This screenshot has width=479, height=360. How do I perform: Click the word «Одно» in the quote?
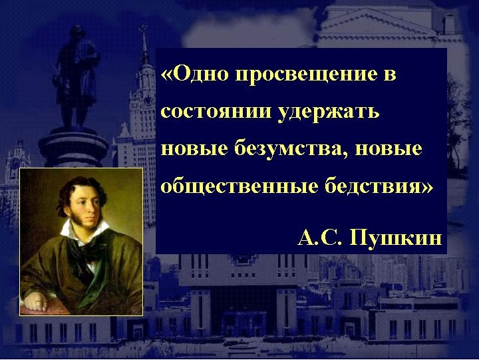click(202, 74)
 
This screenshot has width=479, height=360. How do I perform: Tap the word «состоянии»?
click(216, 111)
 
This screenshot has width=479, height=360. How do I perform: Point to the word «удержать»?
click(329, 112)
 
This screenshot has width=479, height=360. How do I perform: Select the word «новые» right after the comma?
click(389, 149)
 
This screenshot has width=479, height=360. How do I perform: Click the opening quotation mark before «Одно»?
click(168, 75)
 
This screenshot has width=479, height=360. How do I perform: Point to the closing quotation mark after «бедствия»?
click(427, 187)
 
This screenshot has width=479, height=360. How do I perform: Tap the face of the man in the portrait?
click(86, 206)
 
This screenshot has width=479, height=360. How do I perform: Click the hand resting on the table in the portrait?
click(36, 301)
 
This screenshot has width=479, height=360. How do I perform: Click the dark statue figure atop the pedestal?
click(76, 77)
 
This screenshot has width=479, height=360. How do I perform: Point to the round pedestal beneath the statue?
click(73, 149)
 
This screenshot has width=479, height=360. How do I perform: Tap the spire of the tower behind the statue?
click(144, 43)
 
